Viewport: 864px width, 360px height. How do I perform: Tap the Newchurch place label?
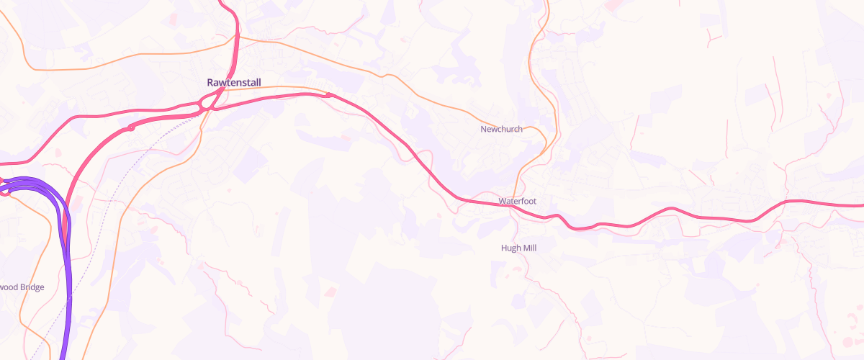coord(501,130)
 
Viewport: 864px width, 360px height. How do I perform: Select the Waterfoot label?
coord(518,201)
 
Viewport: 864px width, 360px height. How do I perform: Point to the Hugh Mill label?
coord(518,248)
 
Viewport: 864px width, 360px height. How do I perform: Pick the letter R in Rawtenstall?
coord(210,83)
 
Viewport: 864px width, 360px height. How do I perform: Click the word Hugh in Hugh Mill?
coord(510,248)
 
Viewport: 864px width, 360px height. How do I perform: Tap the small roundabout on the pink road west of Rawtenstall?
coord(131,127)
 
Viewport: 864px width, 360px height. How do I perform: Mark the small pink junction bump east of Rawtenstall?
coord(329,94)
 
